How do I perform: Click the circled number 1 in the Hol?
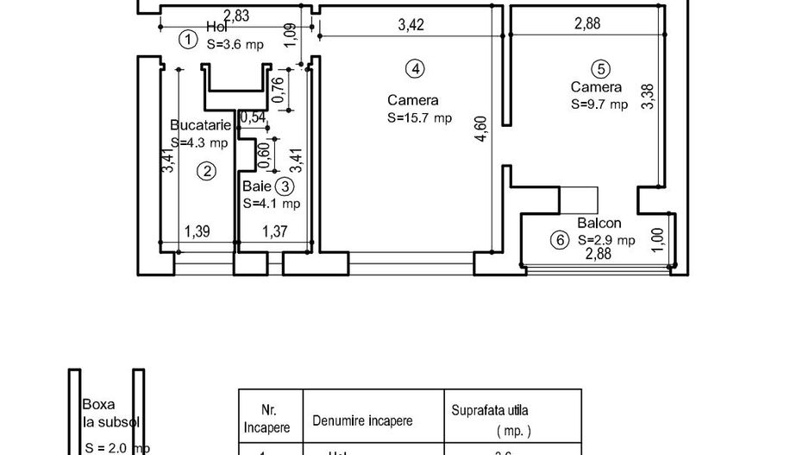(x=187, y=39)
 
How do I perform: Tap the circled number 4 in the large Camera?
(x=416, y=67)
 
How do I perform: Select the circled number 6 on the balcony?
(x=560, y=241)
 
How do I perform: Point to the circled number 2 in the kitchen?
(x=205, y=171)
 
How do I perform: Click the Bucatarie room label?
(x=201, y=125)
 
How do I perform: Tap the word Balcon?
(x=599, y=223)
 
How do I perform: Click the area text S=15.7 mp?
(x=419, y=118)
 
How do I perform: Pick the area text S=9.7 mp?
(x=599, y=104)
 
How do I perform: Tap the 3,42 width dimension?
(x=411, y=25)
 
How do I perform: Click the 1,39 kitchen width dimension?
(x=198, y=231)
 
